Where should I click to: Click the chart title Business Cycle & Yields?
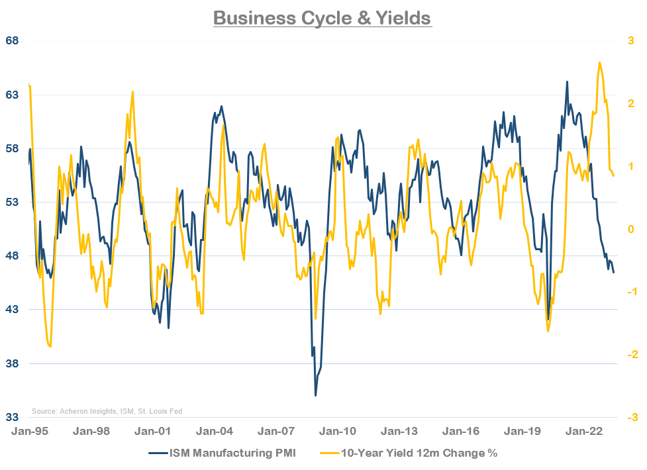click(x=323, y=18)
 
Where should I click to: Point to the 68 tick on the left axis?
click(x=13, y=41)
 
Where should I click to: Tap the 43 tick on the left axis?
click(x=13, y=310)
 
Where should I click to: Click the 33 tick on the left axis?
click(x=13, y=417)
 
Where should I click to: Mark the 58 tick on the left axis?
click(x=13, y=148)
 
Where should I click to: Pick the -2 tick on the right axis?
click(x=630, y=355)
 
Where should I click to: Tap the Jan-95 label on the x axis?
click(x=28, y=432)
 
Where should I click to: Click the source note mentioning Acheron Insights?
click(x=107, y=411)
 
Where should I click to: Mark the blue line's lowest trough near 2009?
click(x=315, y=396)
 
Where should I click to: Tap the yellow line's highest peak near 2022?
click(x=599, y=62)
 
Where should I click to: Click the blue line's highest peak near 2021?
click(x=567, y=81)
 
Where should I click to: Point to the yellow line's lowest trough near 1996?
click(x=50, y=346)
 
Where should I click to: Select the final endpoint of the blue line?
click(x=613, y=273)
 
